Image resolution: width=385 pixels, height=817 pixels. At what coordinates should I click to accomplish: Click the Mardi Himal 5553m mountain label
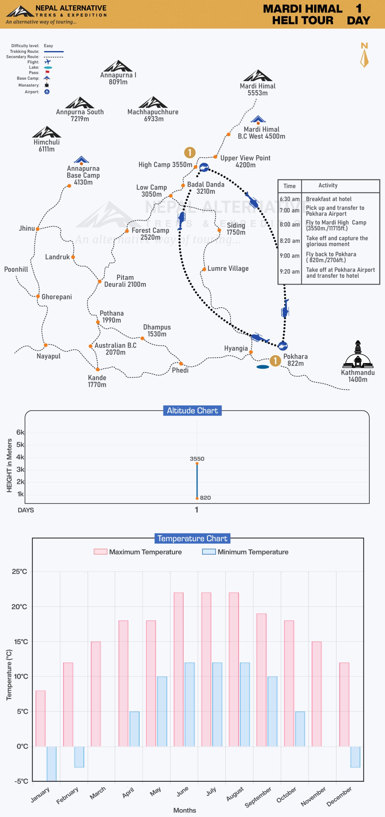(258, 90)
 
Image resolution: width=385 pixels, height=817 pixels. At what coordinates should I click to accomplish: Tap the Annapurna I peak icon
(118, 66)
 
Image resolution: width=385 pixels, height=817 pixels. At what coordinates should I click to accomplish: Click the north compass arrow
(364, 58)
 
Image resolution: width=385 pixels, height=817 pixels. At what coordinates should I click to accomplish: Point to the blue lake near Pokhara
(263, 367)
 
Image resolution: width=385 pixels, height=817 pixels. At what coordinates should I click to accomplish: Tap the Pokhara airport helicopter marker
(283, 346)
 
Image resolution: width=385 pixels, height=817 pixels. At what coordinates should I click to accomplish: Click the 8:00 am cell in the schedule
(290, 225)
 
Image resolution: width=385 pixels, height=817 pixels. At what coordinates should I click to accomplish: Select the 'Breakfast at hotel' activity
(328, 199)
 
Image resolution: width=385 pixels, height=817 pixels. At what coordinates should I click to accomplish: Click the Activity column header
(328, 185)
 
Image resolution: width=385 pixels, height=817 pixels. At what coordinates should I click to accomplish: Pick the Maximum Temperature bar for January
(41, 718)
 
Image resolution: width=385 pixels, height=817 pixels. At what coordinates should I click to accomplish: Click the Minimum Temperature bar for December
(355, 757)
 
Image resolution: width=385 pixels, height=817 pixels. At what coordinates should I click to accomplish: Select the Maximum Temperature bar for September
(261, 680)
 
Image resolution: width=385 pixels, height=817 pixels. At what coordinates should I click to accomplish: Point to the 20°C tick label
(19, 607)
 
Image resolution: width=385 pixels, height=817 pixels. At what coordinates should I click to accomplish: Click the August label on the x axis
(235, 794)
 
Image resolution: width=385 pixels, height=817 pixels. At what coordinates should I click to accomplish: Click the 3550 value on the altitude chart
(197, 459)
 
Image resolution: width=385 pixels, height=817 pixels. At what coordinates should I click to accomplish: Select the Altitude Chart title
(192, 411)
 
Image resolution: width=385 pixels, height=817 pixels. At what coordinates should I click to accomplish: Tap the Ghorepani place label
(57, 297)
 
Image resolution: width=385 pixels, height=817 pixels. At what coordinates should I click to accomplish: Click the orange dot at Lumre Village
(204, 269)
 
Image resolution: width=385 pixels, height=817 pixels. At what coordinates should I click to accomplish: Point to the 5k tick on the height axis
(20, 445)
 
